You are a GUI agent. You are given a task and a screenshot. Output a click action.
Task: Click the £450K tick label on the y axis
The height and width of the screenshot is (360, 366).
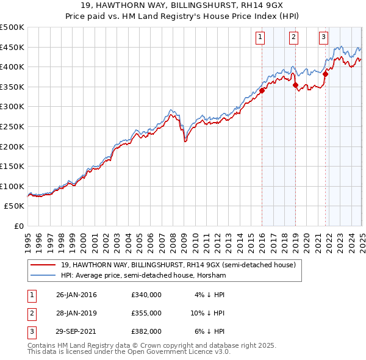(x=12, y=48)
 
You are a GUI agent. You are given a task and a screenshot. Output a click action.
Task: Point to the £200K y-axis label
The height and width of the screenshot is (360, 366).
(x=12, y=146)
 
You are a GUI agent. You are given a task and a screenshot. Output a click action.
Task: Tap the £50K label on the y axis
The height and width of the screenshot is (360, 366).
(x=14, y=206)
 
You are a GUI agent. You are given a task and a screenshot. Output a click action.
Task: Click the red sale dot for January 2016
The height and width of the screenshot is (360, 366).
(x=262, y=91)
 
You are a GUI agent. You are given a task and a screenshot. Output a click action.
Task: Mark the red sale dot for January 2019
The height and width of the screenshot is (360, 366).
(x=295, y=85)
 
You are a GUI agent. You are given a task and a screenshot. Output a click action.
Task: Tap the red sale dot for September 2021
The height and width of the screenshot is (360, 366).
(x=325, y=74)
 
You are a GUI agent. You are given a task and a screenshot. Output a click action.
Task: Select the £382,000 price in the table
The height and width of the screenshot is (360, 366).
(x=146, y=331)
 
